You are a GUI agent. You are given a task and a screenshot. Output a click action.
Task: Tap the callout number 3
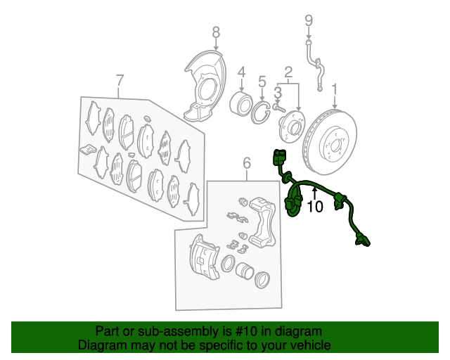coord(278,93)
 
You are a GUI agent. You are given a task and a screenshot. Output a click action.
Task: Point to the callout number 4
coord(242,72)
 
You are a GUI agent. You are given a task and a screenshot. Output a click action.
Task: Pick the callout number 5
coord(262,82)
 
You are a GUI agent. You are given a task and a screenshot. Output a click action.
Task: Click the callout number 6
coord(247,163)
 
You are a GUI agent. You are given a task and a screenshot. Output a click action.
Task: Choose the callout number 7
coord(120,81)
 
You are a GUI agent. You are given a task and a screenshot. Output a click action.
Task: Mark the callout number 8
coord(216,32)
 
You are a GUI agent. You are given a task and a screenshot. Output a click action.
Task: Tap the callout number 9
coord(309,20)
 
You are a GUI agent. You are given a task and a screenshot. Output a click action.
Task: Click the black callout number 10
coord(315,206)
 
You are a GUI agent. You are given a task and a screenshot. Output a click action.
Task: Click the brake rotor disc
coord(330,141)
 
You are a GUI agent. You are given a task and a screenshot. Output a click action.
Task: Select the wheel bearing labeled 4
coord(241,103)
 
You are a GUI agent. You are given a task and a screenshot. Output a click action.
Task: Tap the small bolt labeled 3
coord(279,108)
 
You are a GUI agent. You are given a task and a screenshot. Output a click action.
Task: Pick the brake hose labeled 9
coord(315,65)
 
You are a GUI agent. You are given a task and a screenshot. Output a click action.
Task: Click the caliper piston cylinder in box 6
coord(245,270)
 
